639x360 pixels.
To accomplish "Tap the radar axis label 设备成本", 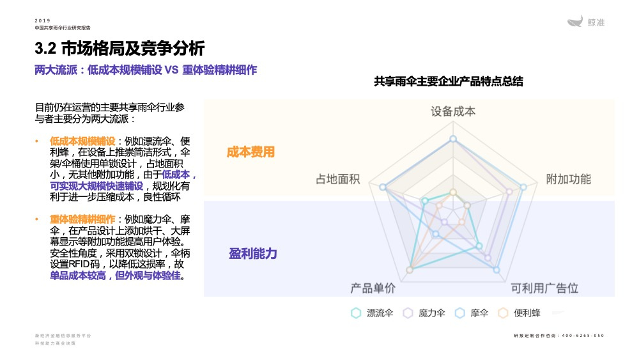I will [x=453, y=111].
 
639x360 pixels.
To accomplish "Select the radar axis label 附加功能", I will [x=568, y=179].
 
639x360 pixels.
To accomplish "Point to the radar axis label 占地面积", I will [x=338, y=179].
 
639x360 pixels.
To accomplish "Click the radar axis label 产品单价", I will [x=373, y=288].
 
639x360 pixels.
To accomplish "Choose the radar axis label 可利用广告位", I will [x=544, y=288].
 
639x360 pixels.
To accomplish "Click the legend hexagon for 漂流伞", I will [x=356, y=313].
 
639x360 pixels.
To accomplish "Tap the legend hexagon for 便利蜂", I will [x=503, y=313].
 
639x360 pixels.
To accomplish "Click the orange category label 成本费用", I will [x=250, y=152].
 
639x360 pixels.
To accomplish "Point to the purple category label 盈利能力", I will [x=253, y=254].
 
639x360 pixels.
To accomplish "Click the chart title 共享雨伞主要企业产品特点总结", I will [x=449, y=82].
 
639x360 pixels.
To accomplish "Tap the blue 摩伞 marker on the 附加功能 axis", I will [x=523, y=187].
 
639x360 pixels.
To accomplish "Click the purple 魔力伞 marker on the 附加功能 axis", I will [x=509, y=191].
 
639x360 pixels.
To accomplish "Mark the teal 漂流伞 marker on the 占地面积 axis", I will [x=424, y=201].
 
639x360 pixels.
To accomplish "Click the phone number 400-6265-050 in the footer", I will [x=583, y=336].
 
